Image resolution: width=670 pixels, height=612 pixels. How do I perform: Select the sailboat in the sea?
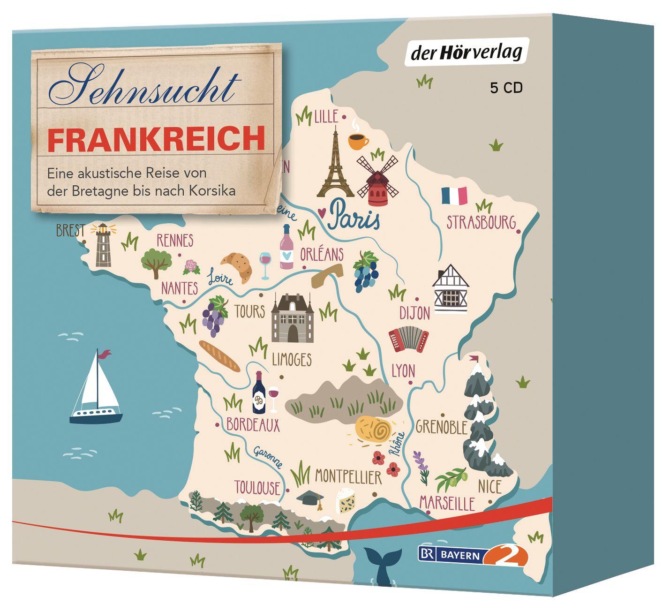click(x=96, y=387)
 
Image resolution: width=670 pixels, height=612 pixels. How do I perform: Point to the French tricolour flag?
click(x=454, y=196)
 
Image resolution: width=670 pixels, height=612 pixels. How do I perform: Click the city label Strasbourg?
click(x=481, y=222)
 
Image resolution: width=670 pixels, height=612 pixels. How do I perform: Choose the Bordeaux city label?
click(x=253, y=425)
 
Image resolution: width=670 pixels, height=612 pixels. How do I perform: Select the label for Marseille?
click(x=447, y=503)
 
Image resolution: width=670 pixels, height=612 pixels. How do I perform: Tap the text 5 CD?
click(x=506, y=88)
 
